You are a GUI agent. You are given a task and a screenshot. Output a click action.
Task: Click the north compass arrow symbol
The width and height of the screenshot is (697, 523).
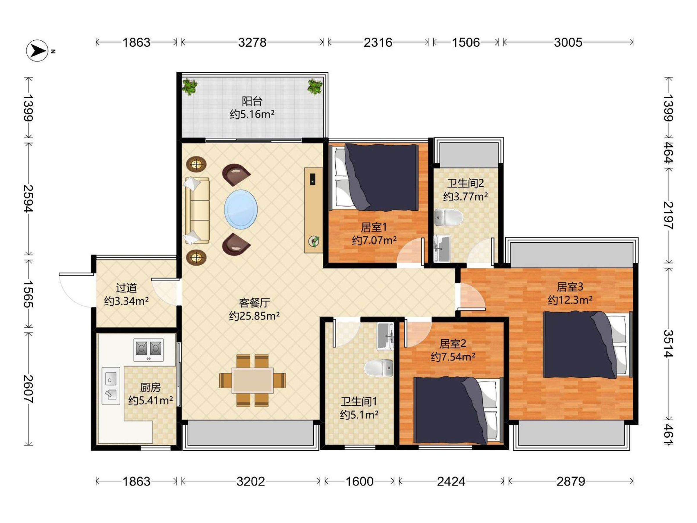37,51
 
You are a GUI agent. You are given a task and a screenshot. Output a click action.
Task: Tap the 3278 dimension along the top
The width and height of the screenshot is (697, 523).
252,42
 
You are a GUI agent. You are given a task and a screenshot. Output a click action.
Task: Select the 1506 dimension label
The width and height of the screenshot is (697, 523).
466,42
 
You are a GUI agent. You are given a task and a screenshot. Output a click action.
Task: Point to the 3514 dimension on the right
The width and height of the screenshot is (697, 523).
668,344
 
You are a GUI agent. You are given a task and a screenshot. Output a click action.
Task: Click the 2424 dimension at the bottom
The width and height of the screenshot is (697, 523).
451,481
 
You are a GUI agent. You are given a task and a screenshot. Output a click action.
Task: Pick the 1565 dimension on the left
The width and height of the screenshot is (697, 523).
29,294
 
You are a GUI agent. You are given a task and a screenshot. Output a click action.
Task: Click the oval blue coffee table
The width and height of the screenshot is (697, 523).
241,209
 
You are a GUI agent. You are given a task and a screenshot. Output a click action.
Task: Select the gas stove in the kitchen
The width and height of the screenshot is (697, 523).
148,350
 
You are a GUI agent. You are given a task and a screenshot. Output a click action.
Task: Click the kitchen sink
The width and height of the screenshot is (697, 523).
111,386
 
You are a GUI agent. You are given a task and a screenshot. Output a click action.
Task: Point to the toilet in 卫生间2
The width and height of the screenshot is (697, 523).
449,218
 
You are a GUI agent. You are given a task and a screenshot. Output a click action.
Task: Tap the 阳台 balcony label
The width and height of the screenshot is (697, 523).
252,101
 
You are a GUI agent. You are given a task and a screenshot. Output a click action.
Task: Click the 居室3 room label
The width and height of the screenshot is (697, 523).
570,287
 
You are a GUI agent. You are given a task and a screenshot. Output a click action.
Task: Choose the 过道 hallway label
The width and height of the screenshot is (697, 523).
126,288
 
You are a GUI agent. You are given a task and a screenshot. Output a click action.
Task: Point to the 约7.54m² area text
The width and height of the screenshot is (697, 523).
453,357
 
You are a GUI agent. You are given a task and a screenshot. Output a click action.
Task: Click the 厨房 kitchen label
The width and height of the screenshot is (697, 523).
151,387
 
